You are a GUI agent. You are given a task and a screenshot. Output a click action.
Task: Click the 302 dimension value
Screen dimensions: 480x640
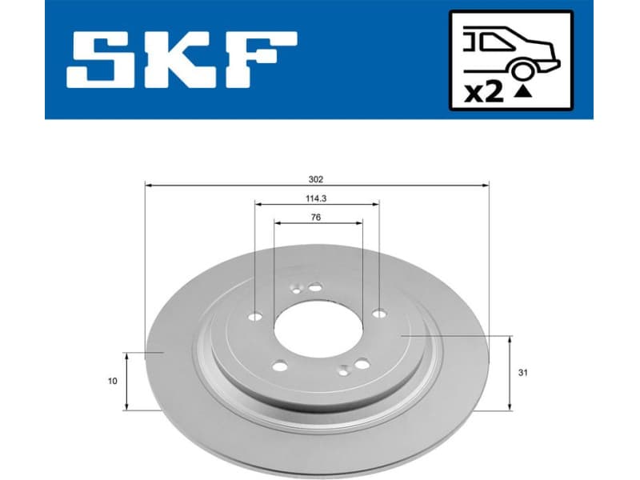[x=317, y=179]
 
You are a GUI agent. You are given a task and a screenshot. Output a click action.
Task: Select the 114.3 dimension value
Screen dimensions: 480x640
[x=317, y=198]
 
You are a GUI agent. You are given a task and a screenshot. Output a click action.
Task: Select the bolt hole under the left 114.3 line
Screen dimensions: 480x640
[x=255, y=316]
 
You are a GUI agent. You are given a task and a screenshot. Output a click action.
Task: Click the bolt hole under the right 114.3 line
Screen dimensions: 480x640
[x=378, y=314]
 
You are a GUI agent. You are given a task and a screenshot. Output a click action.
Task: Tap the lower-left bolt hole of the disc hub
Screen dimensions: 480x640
[x=279, y=366]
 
